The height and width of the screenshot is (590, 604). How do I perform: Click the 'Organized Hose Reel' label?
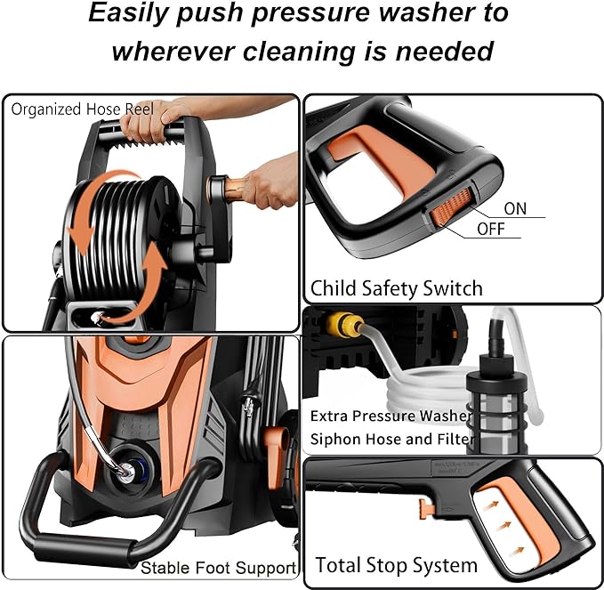[82, 109]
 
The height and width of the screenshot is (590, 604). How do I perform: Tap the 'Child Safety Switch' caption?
[396, 288]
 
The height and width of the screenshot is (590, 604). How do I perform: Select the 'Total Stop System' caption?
[396, 565]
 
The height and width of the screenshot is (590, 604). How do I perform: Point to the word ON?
[515, 209]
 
